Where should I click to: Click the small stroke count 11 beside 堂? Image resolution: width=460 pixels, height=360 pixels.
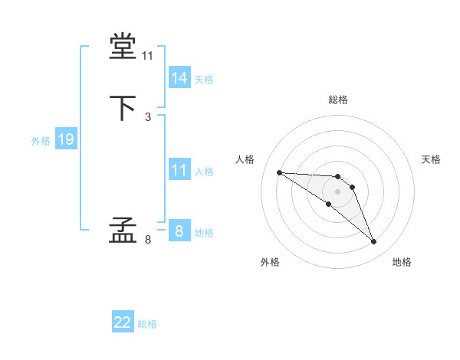click(147, 57)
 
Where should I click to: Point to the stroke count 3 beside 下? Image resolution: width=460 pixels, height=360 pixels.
click(148, 117)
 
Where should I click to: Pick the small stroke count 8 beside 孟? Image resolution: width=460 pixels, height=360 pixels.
click(148, 240)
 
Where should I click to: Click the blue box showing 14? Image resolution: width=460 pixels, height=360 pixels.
click(179, 78)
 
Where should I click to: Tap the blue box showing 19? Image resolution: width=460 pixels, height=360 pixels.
click(66, 139)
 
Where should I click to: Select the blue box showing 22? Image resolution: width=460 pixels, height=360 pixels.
click(123, 322)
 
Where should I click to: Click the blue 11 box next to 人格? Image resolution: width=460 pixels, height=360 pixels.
click(179, 170)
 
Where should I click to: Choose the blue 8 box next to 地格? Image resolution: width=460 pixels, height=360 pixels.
click(179, 231)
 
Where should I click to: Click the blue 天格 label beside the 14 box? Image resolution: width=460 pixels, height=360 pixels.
click(204, 80)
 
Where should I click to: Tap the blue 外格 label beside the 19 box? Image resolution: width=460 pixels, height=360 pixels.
click(41, 141)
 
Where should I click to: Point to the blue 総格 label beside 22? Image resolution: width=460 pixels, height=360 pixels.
click(147, 324)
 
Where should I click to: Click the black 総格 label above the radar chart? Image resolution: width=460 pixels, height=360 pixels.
click(337, 100)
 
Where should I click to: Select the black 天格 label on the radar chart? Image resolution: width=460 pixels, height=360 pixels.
click(431, 159)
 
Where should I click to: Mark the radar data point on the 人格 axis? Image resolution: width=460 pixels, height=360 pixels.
click(279, 172)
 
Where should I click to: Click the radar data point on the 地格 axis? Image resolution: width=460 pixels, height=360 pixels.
click(374, 242)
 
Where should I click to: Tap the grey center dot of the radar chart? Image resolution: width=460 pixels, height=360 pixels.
click(337, 191)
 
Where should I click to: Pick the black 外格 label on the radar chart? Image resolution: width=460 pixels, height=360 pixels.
click(270, 263)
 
